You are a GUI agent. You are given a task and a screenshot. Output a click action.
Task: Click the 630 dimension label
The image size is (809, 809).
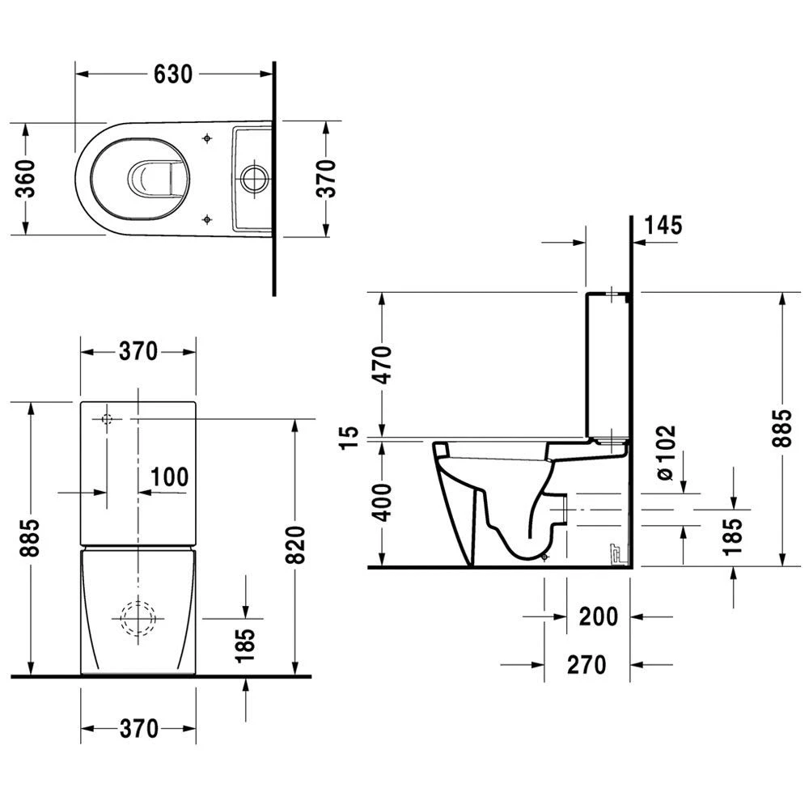coord(173,74)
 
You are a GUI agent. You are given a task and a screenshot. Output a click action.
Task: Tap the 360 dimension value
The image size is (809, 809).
coord(26,179)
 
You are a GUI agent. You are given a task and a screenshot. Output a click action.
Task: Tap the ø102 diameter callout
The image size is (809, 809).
coord(665,453)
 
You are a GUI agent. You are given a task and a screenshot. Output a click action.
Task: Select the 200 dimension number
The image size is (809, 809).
coord(599,616)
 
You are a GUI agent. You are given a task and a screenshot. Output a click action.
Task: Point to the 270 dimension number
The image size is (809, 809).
coord(587,665)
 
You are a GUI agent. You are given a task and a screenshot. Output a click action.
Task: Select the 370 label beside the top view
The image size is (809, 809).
coord(325,179)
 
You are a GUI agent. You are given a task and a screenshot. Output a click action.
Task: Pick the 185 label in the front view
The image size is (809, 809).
coord(246,644)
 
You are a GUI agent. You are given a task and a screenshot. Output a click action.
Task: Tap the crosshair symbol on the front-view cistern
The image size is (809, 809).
coord(106,419)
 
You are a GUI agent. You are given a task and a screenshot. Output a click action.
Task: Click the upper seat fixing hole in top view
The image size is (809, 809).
coord(208,138)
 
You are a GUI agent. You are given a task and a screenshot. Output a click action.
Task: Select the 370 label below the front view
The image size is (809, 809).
coord(139,728)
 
